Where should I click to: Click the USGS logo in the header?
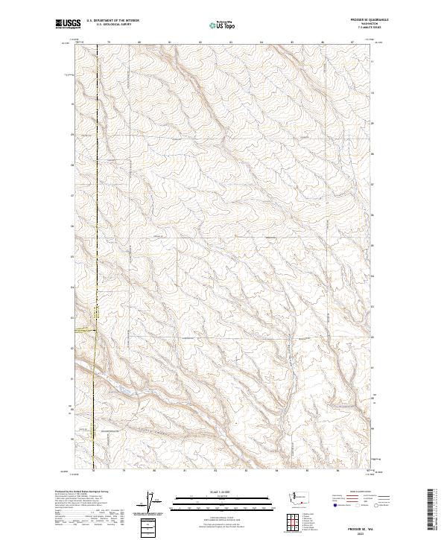68,25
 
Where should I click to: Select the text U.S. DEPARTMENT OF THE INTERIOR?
112,20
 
